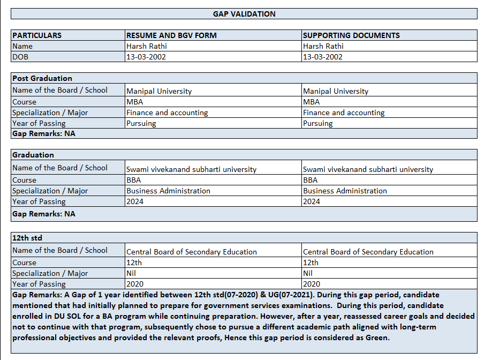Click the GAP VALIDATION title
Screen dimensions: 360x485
(x=244, y=14)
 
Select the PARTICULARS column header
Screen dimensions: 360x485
(x=37, y=35)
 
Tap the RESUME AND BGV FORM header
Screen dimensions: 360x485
(x=171, y=35)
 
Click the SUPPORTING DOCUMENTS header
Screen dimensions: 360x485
(x=351, y=35)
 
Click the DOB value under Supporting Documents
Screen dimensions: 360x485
(x=323, y=57)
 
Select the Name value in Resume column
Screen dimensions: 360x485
(x=147, y=46)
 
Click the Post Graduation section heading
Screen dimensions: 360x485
(x=42, y=78)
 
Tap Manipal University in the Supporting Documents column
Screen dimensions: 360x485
(x=336, y=91)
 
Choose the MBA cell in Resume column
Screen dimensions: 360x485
(x=135, y=102)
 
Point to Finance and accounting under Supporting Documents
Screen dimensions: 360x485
(x=344, y=112)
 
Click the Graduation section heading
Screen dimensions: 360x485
(x=33, y=155)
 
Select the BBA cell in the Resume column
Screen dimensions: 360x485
(x=134, y=180)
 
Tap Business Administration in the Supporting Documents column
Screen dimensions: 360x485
(x=345, y=191)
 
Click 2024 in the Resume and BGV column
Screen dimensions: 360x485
(x=135, y=201)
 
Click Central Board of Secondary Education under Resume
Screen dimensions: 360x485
(x=192, y=252)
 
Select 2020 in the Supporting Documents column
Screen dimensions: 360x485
(x=312, y=284)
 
